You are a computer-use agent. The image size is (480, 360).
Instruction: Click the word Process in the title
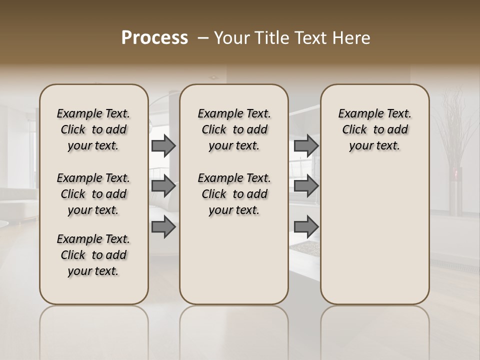click(x=154, y=38)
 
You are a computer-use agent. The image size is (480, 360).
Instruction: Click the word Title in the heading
click(x=269, y=38)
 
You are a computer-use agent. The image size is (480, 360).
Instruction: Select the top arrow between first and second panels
click(x=163, y=146)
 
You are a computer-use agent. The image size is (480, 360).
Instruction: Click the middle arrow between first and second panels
click(x=163, y=186)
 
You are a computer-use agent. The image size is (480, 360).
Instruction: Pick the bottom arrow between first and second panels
click(x=163, y=227)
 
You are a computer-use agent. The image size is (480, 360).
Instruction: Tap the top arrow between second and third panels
click(x=306, y=146)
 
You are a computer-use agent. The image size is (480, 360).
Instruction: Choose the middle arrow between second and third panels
click(x=306, y=186)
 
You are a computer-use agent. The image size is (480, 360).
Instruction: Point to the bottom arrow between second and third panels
click(x=306, y=227)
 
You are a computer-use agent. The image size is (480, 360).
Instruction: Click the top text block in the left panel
click(x=93, y=129)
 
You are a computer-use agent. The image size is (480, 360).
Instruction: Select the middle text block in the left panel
click(x=93, y=194)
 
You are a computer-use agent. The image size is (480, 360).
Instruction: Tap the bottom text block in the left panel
click(x=93, y=255)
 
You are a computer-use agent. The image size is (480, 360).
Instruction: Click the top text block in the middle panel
click(x=234, y=129)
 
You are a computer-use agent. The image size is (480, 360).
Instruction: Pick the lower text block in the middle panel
click(x=234, y=194)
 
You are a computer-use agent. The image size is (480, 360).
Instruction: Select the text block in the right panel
click(x=375, y=129)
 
